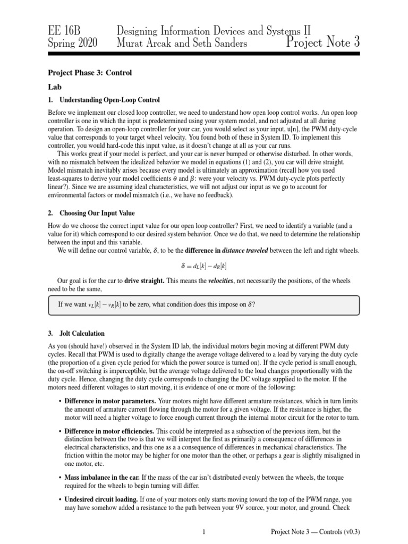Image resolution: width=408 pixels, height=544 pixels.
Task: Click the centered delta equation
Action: [204, 266]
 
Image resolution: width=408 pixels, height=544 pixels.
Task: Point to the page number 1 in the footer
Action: [204, 531]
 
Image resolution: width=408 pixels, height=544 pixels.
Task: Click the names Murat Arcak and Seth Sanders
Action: [182, 43]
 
